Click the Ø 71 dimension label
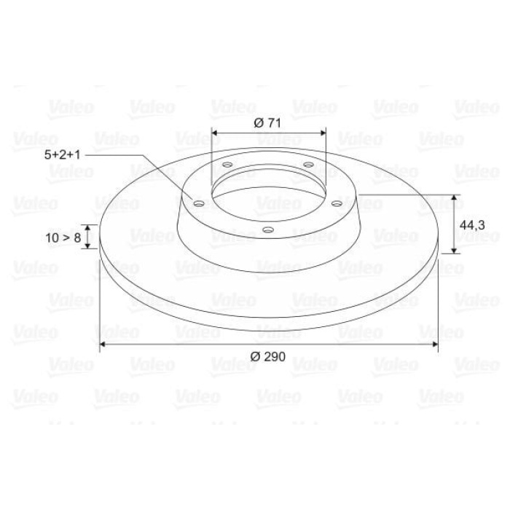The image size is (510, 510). point(267,123)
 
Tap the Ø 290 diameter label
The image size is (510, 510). point(267,357)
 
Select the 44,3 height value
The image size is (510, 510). point(472,224)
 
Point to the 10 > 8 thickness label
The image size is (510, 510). point(63,238)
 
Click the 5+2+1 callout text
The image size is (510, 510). point(62,154)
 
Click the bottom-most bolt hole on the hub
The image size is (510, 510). point(267,230)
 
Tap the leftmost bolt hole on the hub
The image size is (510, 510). point(199,204)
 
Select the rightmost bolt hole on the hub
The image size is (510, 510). point(337,204)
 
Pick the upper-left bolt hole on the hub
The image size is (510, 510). point(227,165)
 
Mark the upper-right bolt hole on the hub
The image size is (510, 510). point(308,165)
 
